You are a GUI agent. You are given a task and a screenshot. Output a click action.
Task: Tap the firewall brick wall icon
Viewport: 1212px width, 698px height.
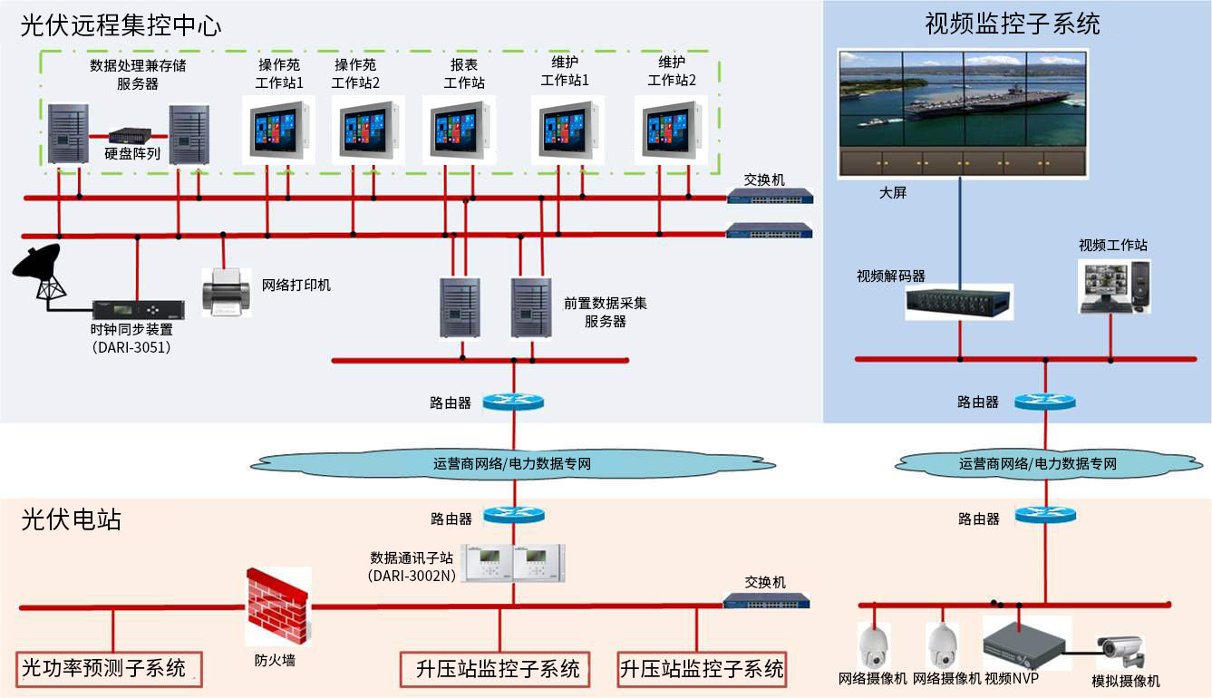point(276,606)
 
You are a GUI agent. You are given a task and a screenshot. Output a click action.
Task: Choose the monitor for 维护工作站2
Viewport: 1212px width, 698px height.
point(672,130)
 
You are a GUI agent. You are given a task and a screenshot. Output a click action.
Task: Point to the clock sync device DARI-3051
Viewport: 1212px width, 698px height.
point(139,309)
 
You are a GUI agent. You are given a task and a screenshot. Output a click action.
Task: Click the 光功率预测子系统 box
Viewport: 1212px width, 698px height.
point(108,669)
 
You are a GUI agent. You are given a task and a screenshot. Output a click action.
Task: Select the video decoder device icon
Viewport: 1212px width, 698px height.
point(959,301)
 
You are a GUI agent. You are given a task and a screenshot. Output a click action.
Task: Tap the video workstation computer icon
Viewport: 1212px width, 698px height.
point(1114,285)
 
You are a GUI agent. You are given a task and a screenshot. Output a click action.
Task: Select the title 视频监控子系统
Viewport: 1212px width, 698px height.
point(1012,24)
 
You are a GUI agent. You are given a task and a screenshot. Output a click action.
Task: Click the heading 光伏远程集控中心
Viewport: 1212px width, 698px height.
point(121,24)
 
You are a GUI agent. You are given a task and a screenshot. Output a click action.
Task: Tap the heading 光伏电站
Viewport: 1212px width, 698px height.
point(71,520)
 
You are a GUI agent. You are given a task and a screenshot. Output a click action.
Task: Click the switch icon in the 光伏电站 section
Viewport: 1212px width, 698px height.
point(766,600)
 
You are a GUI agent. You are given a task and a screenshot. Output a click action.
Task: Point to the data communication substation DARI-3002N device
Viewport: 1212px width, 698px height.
point(514,563)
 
